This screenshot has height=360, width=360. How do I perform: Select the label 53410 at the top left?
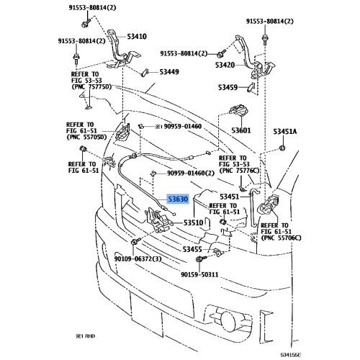coord(136,36)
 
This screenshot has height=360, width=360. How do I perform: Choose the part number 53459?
coord(228,88)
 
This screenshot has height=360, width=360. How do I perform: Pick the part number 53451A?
coord(285,131)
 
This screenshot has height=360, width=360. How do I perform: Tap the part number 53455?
coord(192,248)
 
